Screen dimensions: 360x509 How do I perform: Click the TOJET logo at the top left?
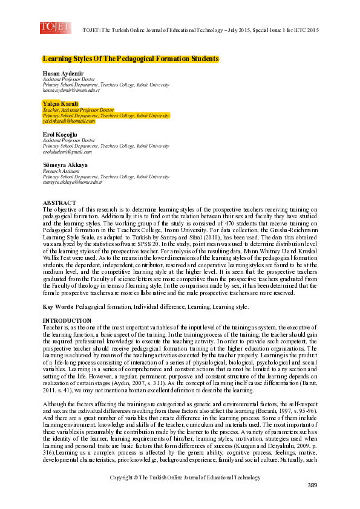coord(55,27)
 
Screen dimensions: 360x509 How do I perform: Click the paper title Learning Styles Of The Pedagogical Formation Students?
coord(130,59)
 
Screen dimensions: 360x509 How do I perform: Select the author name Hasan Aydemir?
coord(61,74)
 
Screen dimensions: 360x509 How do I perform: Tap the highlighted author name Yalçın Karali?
coord(61,104)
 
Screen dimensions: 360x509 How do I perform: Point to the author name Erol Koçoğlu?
coord(60,134)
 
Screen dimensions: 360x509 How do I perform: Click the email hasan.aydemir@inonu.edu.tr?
coord(71,90)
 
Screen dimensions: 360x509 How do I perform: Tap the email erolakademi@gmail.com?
coord(68,151)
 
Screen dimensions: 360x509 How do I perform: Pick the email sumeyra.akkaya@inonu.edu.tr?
coord(72,181)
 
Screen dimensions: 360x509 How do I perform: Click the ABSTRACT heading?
coord(59,202)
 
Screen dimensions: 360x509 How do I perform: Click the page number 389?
coord(312,485)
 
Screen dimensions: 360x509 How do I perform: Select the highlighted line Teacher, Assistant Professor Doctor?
coord(78,110)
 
